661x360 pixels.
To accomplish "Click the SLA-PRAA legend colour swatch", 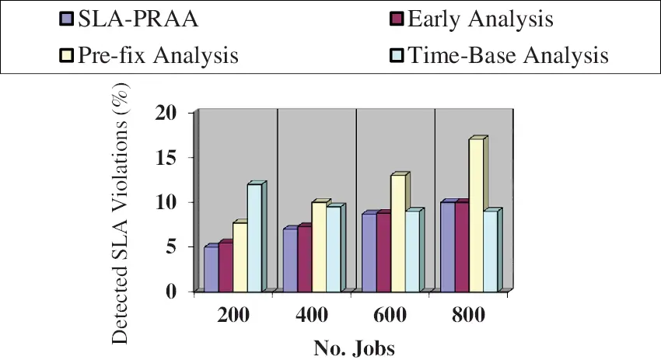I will click(66, 19).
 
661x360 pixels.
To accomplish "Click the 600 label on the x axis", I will click(390, 316).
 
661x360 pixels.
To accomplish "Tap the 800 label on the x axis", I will click(469, 316).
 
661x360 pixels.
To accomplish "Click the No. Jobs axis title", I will click(354, 347).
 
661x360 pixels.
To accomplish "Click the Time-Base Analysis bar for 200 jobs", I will click(254, 238).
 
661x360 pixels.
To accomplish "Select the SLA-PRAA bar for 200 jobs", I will click(211, 269).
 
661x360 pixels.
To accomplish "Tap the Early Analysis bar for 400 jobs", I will click(304, 260).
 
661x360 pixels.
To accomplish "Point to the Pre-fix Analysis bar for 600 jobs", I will click(397, 233).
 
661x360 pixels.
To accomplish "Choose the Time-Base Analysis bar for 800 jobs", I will click(490, 251).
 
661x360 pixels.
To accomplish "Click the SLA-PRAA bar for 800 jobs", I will click(447, 247).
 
